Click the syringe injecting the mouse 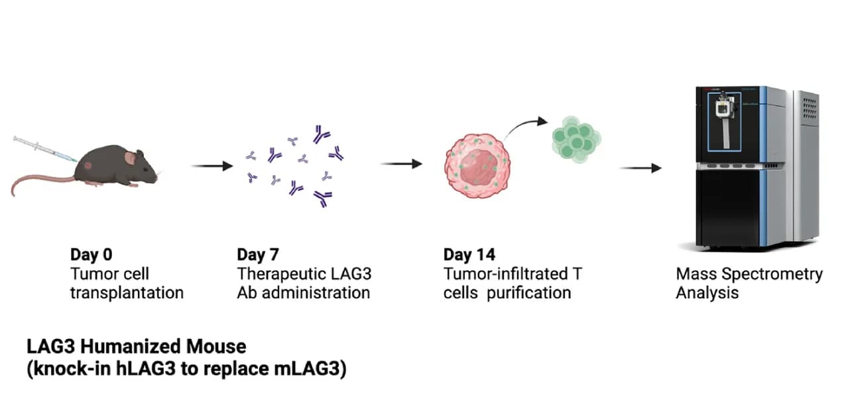pyautogui.click(x=45, y=149)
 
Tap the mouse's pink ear pyautogui.click(x=131, y=157)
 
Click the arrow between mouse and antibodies pyautogui.click(x=212, y=166)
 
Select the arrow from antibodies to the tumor pyautogui.click(x=401, y=164)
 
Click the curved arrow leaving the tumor pyautogui.click(x=524, y=126)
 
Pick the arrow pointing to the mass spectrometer pyautogui.click(x=640, y=168)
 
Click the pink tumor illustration pyautogui.click(x=477, y=166)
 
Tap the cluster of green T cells pyautogui.click(x=576, y=139)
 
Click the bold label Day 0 pyautogui.click(x=91, y=255)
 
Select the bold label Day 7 pyautogui.click(x=258, y=255)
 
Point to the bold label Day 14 pyautogui.click(x=469, y=255)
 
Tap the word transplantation pyautogui.click(x=127, y=293)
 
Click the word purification pyautogui.click(x=529, y=293)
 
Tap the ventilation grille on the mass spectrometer pyautogui.click(x=810, y=108)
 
